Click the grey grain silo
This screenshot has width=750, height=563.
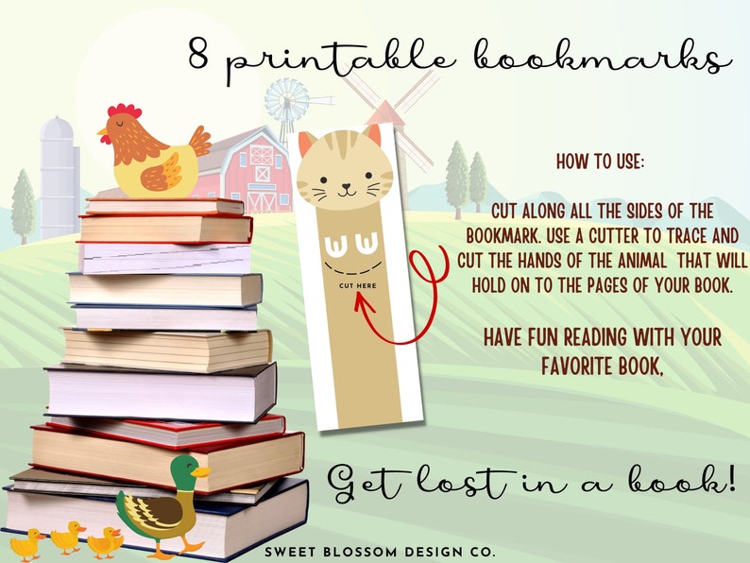click(x=59, y=175)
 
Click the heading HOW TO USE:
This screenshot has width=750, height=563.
click(x=600, y=163)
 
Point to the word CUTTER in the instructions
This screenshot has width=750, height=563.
click(x=617, y=235)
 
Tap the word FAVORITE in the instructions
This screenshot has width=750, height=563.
click(x=577, y=364)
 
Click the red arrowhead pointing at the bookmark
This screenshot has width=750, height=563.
click(x=360, y=300)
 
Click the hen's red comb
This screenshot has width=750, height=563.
click(x=123, y=111)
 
